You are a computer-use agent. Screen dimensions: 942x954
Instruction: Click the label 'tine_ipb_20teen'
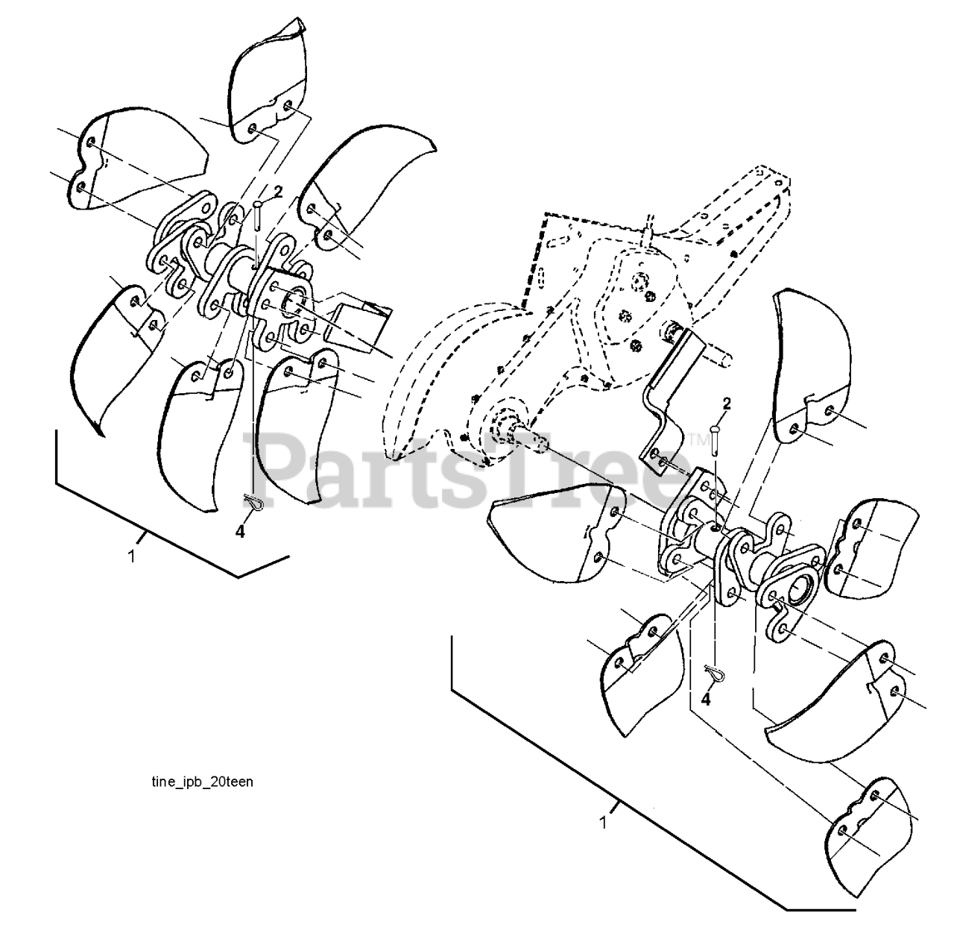(x=197, y=782)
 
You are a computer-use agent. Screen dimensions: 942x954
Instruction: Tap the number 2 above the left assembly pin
(x=278, y=192)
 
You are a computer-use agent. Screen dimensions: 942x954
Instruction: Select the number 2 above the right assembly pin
(x=727, y=404)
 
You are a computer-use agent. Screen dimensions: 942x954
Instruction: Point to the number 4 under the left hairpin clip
(x=239, y=532)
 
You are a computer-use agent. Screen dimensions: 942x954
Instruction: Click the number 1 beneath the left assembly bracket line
(x=132, y=556)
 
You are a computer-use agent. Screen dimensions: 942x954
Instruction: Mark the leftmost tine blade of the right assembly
(x=555, y=526)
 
